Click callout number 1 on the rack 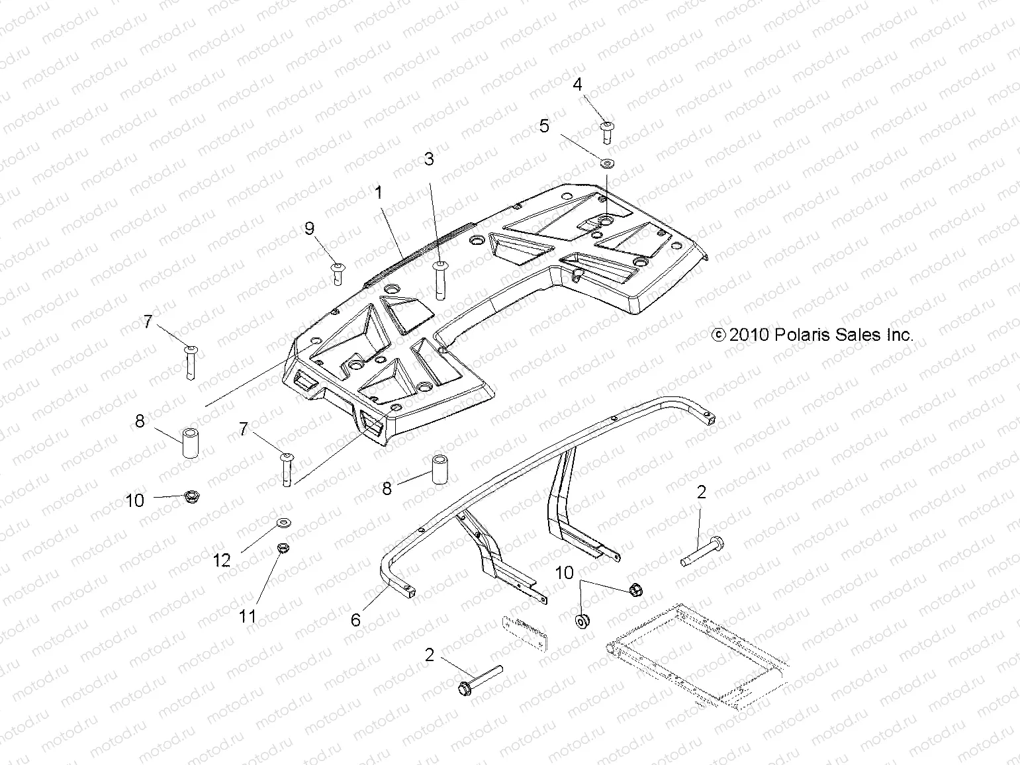click(379, 193)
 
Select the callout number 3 click(429, 159)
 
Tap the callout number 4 click(577, 84)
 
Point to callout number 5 click(544, 126)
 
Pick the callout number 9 click(309, 229)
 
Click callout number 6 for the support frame click(355, 620)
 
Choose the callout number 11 click(248, 617)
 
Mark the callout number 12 click(221, 561)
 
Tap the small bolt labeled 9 click(338, 272)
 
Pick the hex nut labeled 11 click(281, 549)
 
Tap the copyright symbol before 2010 click(719, 336)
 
